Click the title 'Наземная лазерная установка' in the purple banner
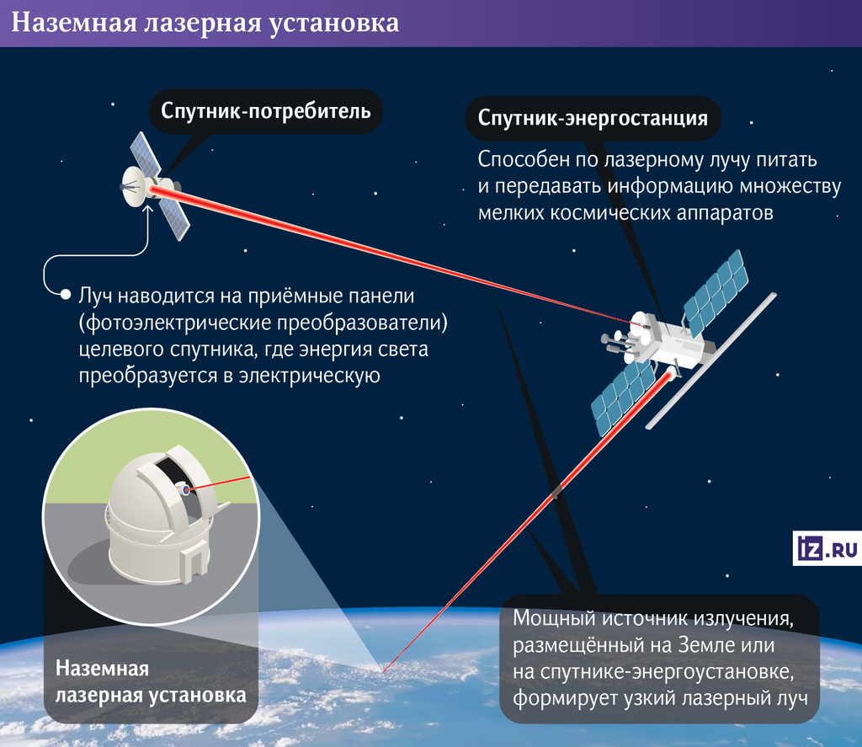click(x=205, y=23)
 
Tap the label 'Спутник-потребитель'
click(x=265, y=111)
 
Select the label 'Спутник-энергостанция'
click(x=593, y=118)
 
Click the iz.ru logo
click(x=827, y=548)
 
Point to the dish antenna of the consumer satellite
click(x=134, y=186)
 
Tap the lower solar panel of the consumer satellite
click(x=174, y=219)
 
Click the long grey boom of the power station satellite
click(x=711, y=360)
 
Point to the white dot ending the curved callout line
click(x=66, y=295)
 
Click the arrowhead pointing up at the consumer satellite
click(x=147, y=211)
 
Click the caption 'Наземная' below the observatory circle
click(x=102, y=669)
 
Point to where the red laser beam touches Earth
click(x=383, y=672)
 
